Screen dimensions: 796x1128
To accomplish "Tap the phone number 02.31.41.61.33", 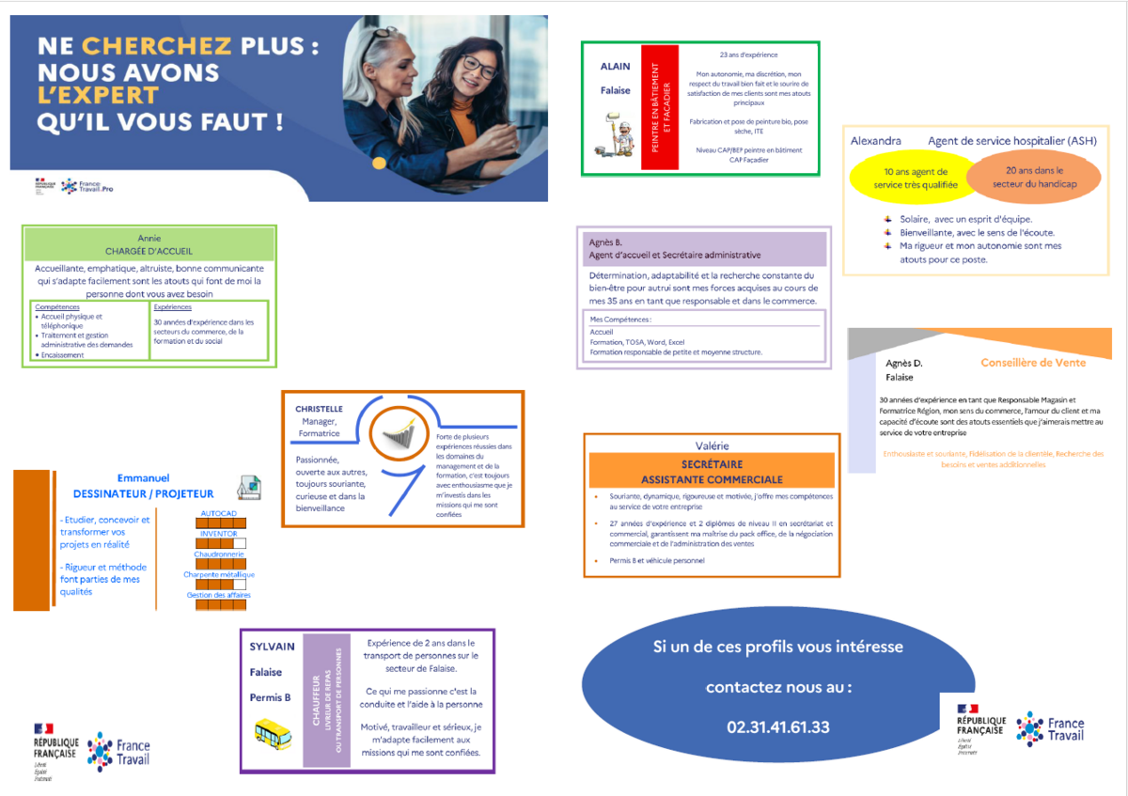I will point(777,726).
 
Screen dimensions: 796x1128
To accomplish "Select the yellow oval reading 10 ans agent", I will point(916,179).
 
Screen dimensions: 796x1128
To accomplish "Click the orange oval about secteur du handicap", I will point(1033,178).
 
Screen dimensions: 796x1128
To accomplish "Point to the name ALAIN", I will point(615,67).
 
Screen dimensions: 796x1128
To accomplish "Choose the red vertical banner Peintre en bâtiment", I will point(659,107).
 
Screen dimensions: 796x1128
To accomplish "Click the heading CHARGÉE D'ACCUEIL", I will point(149,251).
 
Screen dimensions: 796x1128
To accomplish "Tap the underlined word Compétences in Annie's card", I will point(57,307).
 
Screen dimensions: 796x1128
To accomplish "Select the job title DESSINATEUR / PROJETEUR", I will point(143,493).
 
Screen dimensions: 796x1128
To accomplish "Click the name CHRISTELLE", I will point(319,410).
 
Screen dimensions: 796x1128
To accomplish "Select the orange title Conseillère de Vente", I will point(1032,363).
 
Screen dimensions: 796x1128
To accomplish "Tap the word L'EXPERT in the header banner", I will point(98,96).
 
